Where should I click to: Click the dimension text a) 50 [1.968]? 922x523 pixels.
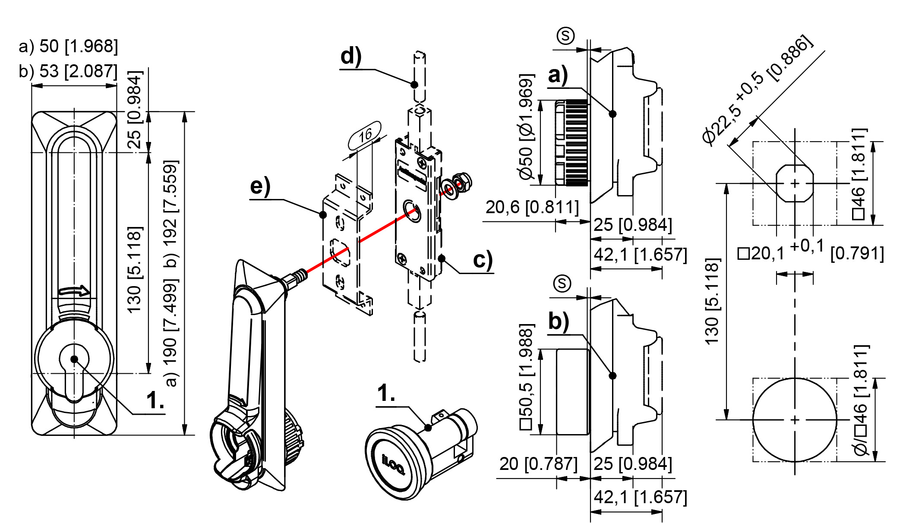(x=68, y=46)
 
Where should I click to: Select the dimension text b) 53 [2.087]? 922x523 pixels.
(x=68, y=71)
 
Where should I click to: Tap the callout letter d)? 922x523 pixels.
(x=350, y=57)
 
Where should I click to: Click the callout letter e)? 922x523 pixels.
(x=260, y=186)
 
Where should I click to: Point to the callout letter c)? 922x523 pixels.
(x=483, y=260)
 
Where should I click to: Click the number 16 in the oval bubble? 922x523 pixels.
(x=365, y=135)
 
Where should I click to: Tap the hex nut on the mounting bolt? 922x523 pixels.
(x=463, y=181)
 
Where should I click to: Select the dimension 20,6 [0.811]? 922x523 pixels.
(x=532, y=208)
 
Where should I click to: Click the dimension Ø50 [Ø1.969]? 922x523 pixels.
(x=526, y=127)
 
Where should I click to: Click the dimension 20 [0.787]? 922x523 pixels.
(x=538, y=464)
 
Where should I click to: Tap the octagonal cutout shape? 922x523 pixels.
(x=795, y=183)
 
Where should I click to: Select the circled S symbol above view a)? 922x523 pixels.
(x=565, y=36)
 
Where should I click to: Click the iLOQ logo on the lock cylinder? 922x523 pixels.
(x=393, y=464)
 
